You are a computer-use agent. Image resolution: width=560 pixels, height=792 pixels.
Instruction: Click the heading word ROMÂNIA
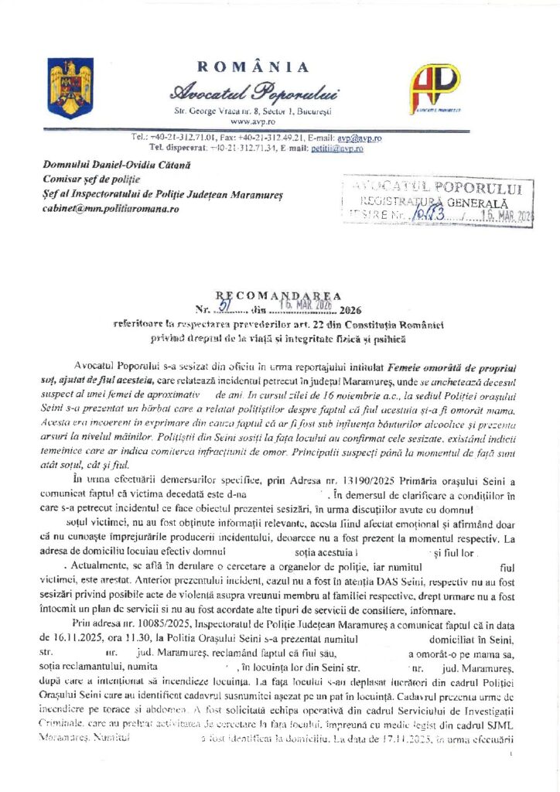click(x=253, y=67)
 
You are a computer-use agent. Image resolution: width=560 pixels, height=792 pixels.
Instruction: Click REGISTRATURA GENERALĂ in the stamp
click(x=432, y=200)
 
